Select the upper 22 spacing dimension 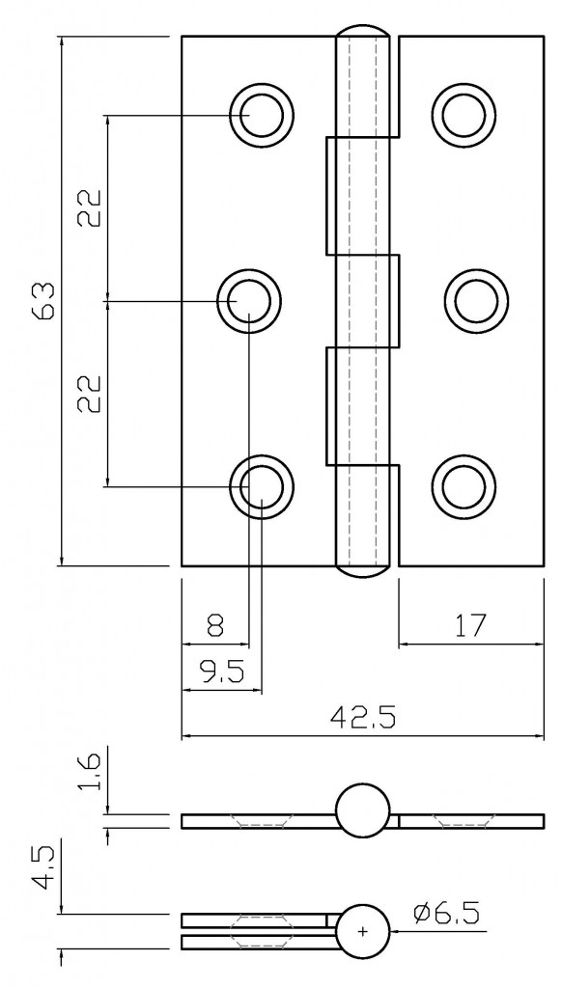[90, 207]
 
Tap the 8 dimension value [214, 626]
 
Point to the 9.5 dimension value [221, 672]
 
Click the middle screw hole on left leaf [249, 301]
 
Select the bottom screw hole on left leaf [261, 486]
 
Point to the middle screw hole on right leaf [474, 301]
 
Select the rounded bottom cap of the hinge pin [363, 571]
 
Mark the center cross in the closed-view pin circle [363, 931]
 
